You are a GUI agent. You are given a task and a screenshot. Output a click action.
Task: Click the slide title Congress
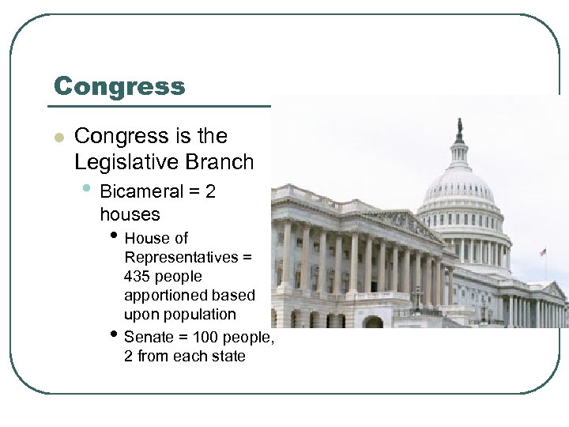pyautogui.click(x=119, y=86)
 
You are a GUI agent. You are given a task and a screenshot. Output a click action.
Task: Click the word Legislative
pyautogui.click(x=126, y=162)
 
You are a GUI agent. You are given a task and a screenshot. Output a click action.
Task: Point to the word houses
pyautogui.click(x=130, y=213)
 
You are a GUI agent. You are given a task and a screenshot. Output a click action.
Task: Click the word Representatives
pyautogui.click(x=181, y=257)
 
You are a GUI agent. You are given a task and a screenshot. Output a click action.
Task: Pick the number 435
pyautogui.click(x=138, y=277)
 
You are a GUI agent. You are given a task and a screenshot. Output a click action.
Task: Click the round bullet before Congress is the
pyautogui.click(x=57, y=138)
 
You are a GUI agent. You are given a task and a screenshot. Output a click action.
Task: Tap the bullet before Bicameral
pyautogui.click(x=90, y=190)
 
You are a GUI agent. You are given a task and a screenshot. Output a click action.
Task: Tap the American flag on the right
pyautogui.click(x=543, y=252)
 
